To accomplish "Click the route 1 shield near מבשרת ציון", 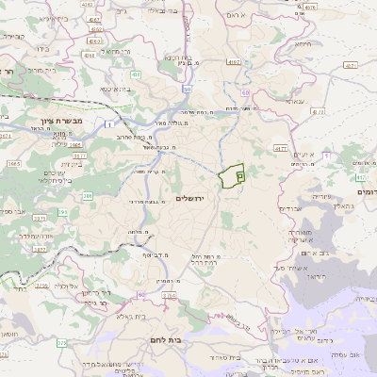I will coord(109,123).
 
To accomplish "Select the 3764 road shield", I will coord(169,295).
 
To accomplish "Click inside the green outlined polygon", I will coord(230,176).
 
